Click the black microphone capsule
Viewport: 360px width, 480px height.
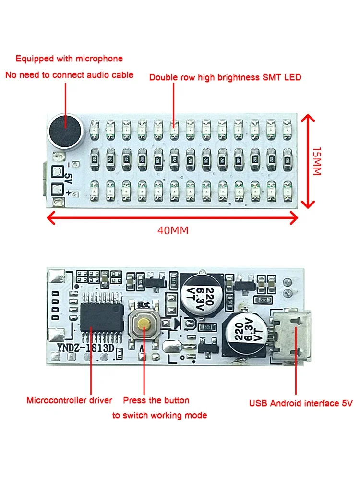(65, 130)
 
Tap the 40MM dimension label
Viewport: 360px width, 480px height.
(173, 230)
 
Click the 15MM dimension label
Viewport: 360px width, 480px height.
(316, 161)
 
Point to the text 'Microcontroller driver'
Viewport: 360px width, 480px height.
(69, 400)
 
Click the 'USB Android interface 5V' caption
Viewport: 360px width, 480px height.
(300, 403)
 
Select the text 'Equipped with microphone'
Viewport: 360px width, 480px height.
(69, 59)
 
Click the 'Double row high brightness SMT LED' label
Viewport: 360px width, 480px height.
(225, 77)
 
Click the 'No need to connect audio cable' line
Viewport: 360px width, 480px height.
(69, 75)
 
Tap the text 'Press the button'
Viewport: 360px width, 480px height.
(156, 400)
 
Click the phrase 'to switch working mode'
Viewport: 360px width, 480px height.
(160, 415)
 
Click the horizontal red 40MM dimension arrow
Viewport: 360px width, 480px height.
(173, 218)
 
